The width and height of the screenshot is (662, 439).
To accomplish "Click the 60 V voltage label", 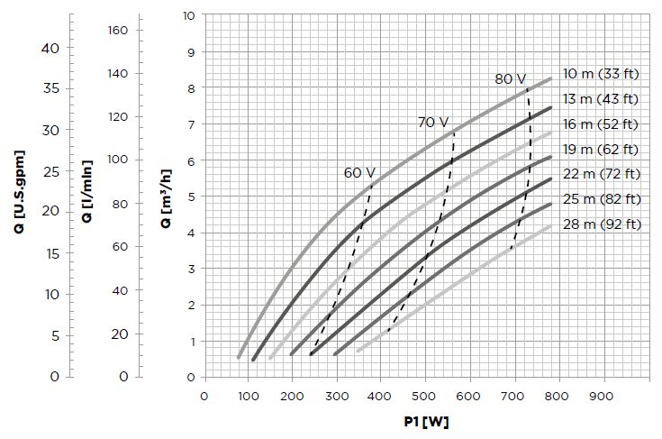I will tap(358, 172).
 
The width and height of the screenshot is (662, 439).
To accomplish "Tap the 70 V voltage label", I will tap(432, 122).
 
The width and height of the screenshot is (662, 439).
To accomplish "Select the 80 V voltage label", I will tap(510, 79).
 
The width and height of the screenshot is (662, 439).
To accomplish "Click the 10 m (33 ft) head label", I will tap(600, 73).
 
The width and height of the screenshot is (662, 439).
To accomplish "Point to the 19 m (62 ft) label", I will tap(601, 149).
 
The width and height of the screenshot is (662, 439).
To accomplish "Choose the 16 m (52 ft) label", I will tap(601, 123).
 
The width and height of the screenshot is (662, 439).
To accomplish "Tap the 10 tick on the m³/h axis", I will tap(188, 16).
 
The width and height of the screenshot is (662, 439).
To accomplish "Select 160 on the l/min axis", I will tap(119, 30).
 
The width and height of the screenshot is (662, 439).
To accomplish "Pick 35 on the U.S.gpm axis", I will tap(50, 89).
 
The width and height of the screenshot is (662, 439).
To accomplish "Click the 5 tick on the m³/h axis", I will tap(191, 197).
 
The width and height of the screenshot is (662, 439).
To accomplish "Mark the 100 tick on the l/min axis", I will tap(119, 160).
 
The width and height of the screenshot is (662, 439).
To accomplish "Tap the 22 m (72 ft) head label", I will tap(601, 173).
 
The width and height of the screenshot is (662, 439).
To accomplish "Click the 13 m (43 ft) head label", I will tap(600, 98).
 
